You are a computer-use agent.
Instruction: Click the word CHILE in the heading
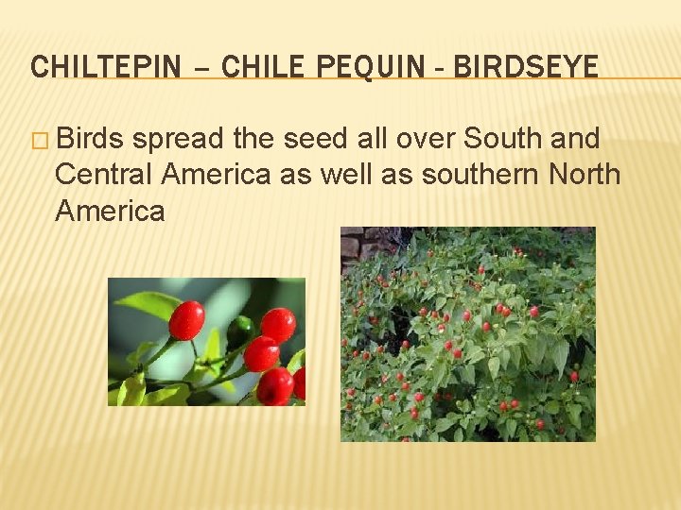click(x=264, y=67)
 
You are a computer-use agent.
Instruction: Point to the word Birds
click(x=91, y=139)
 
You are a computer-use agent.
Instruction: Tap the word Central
click(x=105, y=175)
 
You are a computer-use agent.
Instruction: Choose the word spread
click(x=179, y=139)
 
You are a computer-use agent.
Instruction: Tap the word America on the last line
click(x=110, y=211)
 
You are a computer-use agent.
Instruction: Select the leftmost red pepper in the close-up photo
click(x=186, y=320)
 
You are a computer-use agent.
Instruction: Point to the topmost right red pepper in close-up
click(x=277, y=324)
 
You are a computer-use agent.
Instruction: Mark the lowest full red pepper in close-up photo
click(x=274, y=386)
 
